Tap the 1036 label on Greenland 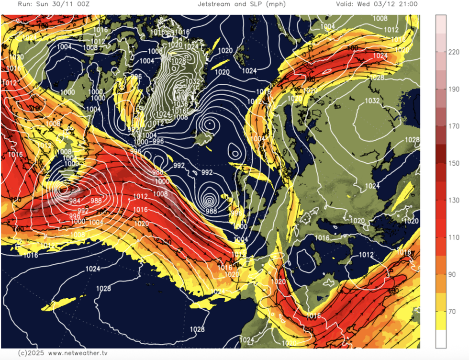[181, 103]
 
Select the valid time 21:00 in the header [407, 4]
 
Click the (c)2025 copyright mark [29, 353]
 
